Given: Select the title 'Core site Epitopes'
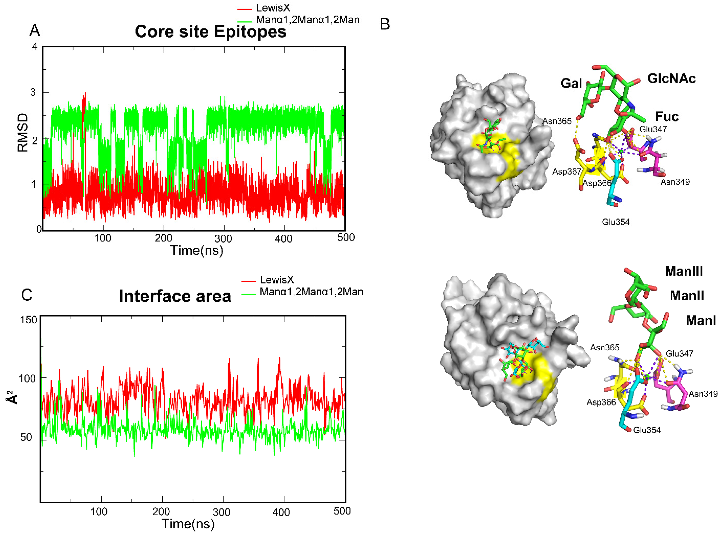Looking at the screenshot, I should tap(211, 32).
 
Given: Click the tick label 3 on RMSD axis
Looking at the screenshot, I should tap(33, 92).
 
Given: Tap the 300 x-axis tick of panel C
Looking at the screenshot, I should tap(222, 512).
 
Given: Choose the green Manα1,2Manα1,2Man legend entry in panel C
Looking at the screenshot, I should tap(311, 292).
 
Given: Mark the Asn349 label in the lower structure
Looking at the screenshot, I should tap(703, 394).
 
